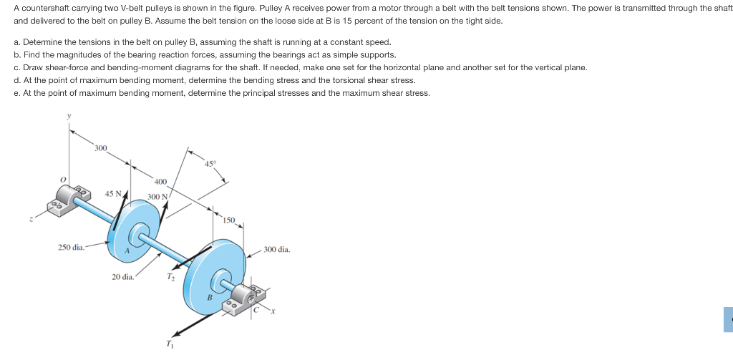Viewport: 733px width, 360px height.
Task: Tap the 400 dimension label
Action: point(160,182)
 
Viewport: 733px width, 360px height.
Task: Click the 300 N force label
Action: point(157,196)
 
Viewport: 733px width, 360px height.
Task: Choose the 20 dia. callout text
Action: point(122,276)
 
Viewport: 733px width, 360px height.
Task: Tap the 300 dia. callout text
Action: point(276,250)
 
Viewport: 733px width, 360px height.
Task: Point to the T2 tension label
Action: point(170,277)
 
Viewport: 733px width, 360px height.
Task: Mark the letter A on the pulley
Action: point(127,250)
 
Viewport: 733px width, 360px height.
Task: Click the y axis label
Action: point(69,116)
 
